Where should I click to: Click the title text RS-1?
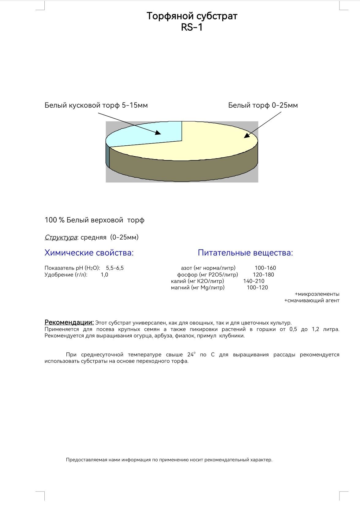click(x=192, y=28)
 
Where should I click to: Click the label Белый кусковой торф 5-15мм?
click(x=96, y=105)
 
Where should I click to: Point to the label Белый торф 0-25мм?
click(x=263, y=105)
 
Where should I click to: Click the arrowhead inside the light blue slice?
click(x=158, y=133)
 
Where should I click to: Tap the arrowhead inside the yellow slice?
click(x=246, y=136)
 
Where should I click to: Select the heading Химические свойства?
click(x=89, y=253)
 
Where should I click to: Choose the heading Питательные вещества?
click(x=245, y=253)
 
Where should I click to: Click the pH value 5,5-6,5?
click(x=115, y=268)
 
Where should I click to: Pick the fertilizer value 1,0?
click(x=104, y=275)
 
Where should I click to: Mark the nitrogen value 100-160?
click(x=265, y=268)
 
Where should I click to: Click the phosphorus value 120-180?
click(x=263, y=275)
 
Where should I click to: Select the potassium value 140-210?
click(x=254, y=281)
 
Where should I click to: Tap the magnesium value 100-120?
click(x=257, y=287)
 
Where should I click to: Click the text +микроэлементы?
click(x=317, y=294)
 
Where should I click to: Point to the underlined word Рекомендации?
click(x=69, y=322)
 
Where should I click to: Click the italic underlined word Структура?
click(x=61, y=237)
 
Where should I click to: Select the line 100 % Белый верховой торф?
click(x=94, y=220)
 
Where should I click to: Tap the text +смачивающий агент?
click(x=312, y=301)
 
